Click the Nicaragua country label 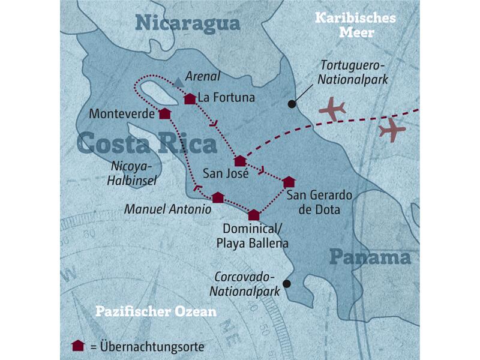coord(187,23)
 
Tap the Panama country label coord(370,257)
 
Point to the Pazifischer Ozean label coord(156,312)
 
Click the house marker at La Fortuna coord(190,99)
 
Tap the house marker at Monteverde coord(164,113)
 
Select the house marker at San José coord(240,160)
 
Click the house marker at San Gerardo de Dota coord(289,182)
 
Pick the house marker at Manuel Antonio coord(218,197)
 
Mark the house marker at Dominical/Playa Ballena coord(254,215)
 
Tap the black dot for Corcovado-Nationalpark coord(287,284)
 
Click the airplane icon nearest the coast coord(333,109)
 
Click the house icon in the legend coord(77,345)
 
